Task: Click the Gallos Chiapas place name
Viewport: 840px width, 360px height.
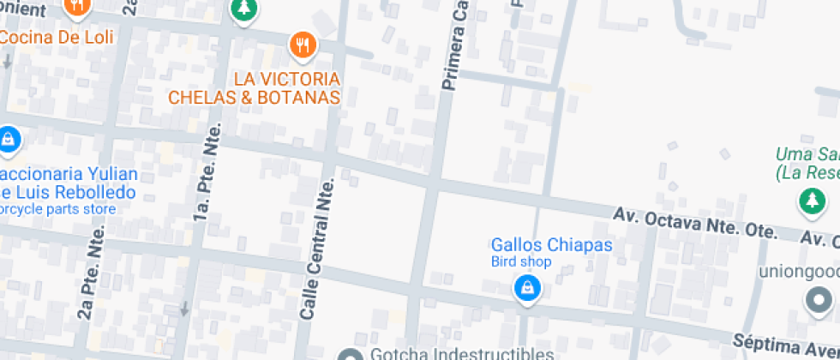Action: (551, 245)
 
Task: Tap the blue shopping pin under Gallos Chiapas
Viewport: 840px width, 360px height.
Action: (527, 288)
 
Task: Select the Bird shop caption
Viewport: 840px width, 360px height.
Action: (520, 262)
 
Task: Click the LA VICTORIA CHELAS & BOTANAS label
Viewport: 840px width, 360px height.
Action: (255, 88)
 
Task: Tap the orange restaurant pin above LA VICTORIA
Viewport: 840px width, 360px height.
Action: (302, 45)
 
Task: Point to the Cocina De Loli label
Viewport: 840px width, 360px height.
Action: (57, 37)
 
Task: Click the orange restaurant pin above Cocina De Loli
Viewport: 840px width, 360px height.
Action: (78, 7)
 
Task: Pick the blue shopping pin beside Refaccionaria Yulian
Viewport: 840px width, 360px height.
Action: (9, 139)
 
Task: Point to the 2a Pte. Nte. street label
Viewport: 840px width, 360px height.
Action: (90, 273)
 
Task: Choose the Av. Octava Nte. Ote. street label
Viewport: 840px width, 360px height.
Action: (695, 222)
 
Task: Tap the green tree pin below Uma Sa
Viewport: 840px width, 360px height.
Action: (809, 202)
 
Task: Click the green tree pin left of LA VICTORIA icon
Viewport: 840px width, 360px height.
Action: (244, 9)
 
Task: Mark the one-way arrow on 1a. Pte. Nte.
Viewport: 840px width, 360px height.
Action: (183, 309)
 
